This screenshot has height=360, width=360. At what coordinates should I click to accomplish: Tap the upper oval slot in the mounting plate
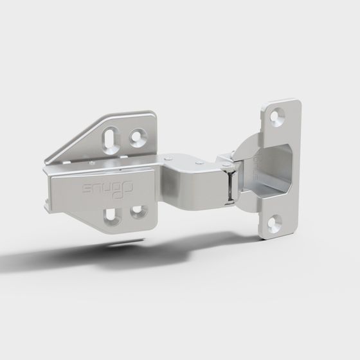tap(113, 139)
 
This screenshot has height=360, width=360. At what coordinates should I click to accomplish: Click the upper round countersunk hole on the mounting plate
tap(138, 136)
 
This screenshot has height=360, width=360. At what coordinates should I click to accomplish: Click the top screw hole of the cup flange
tap(278, 116)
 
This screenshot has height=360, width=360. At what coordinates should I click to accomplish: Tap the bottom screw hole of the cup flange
tap(274, 222)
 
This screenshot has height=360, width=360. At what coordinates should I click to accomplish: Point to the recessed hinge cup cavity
tap(273, 168)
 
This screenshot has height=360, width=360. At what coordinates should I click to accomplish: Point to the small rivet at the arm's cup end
tap(225, 169)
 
